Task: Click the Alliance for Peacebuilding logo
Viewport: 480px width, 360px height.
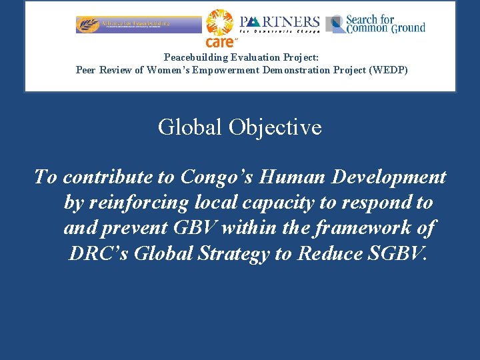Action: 138,24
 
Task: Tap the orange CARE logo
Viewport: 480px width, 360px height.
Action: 219,28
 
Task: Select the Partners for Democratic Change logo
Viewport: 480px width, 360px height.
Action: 279,24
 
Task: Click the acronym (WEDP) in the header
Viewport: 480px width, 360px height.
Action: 388,70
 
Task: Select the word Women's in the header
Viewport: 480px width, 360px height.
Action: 170,70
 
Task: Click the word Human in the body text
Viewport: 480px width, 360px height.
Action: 288,177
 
